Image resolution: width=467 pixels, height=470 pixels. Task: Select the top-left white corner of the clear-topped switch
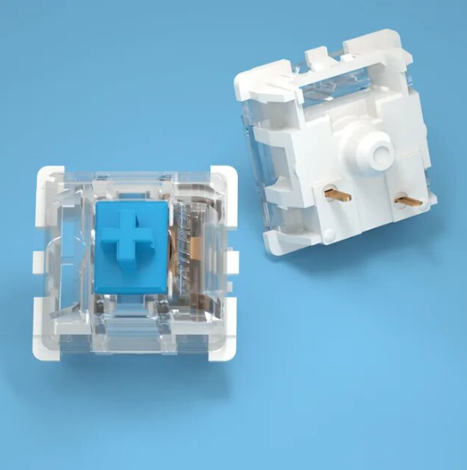[48, 177]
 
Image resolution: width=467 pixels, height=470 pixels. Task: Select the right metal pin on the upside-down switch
[404, 199]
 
